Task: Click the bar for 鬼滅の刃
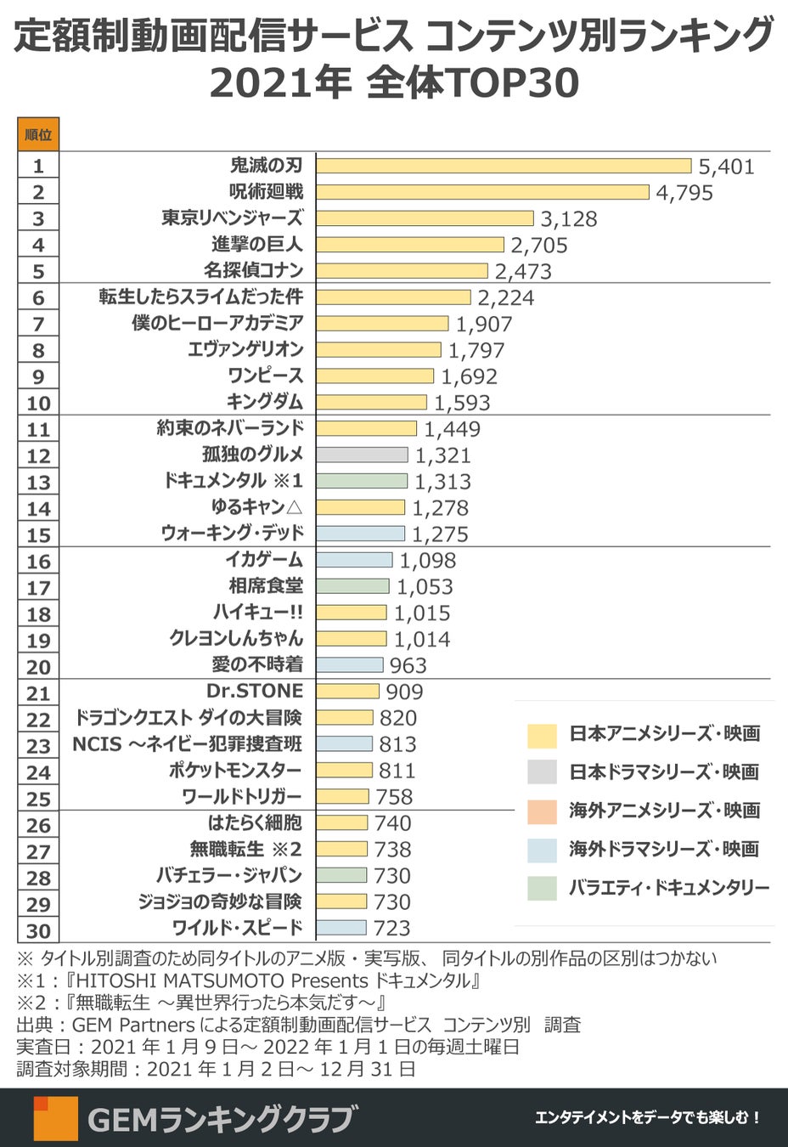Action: [x=504, y=166]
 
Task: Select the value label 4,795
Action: [x=684, y=192]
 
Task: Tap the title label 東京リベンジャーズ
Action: [x=232, y=218]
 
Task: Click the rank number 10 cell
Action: [x=38, y=403]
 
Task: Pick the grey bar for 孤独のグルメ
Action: [x=362, y=455]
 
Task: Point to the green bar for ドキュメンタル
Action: [x=362, y=481]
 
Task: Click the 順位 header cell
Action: [x=38, y=134]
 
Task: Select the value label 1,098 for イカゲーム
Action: [x=427, y=561]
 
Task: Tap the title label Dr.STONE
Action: [x=255, y=691]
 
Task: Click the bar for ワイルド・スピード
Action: [x=341, y=927]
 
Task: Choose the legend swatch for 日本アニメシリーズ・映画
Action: [x=542, y=734]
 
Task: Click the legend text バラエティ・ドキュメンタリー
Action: [x=669, y=888]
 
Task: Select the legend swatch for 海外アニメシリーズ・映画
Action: [x=542, y=811]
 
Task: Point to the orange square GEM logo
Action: [x=56, y=1117]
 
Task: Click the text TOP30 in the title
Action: [x=514, y=83]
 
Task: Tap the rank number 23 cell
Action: [x=38, y=745]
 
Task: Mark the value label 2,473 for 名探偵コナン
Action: [x=523, y=271]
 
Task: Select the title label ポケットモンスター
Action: [x=235, y=771]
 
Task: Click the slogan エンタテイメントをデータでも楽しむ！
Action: [x=648, y=1118]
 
